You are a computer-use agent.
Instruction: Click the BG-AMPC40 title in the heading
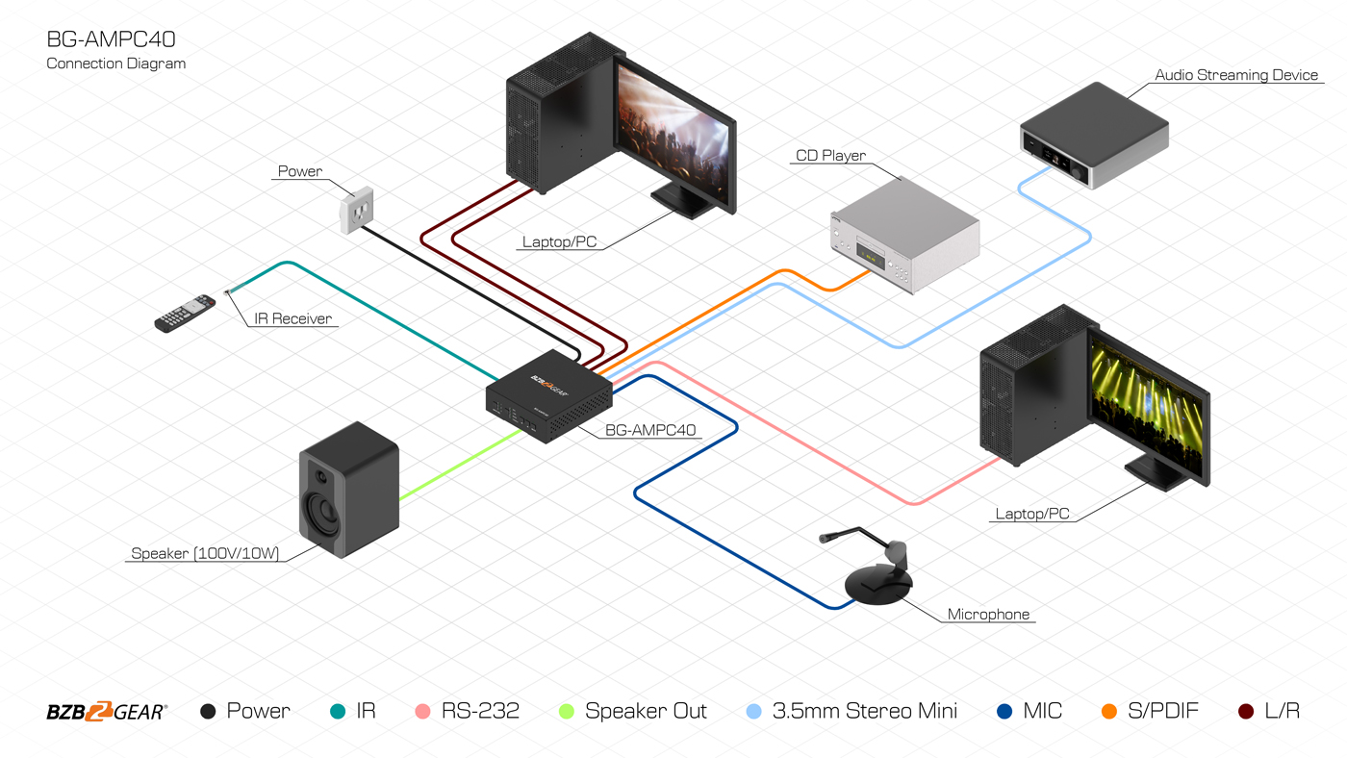[111, 39]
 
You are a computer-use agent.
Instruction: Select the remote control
[185, 314]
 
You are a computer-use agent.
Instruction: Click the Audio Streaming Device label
[1236, 75]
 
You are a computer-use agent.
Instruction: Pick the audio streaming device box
[1094, 136]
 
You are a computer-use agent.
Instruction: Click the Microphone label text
[988, 615]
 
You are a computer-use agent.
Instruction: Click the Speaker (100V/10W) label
[205, 554]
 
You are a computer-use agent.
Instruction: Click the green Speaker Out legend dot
[566, 712]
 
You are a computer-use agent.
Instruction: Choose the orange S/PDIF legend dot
[1108, 712]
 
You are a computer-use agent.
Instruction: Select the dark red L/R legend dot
[1246, 712]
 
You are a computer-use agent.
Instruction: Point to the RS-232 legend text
[480, 712]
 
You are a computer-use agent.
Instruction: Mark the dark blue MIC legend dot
[1004, 712]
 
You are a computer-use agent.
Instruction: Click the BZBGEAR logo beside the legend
[107, 712]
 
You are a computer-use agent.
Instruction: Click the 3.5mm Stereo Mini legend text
[864, 712]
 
